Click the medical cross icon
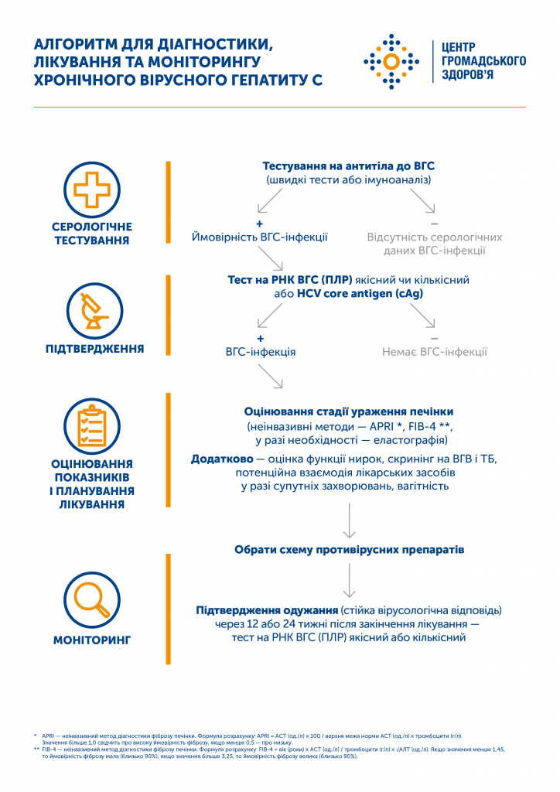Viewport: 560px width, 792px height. point(92,189)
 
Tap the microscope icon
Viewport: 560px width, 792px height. point(94,309)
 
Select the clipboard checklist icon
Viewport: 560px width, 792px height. point(92,426)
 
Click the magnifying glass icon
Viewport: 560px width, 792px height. point(92,599)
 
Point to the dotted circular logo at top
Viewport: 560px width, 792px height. point(391,61)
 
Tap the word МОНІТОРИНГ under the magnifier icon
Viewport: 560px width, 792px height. point(92,640)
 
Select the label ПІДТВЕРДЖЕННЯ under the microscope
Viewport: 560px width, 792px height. point(95,349)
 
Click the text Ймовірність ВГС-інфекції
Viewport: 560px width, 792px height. point(259,237)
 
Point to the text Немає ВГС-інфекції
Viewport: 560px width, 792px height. point(434,352)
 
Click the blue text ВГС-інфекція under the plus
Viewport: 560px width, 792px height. point(260,352)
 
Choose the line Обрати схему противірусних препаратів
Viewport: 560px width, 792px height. point(349,550)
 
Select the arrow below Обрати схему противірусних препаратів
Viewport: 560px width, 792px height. point(349,579)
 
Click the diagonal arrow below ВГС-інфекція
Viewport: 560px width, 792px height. point(271,376)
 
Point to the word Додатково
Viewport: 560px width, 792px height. point(217,459)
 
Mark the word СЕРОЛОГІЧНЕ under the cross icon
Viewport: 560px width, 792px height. point(92,227)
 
